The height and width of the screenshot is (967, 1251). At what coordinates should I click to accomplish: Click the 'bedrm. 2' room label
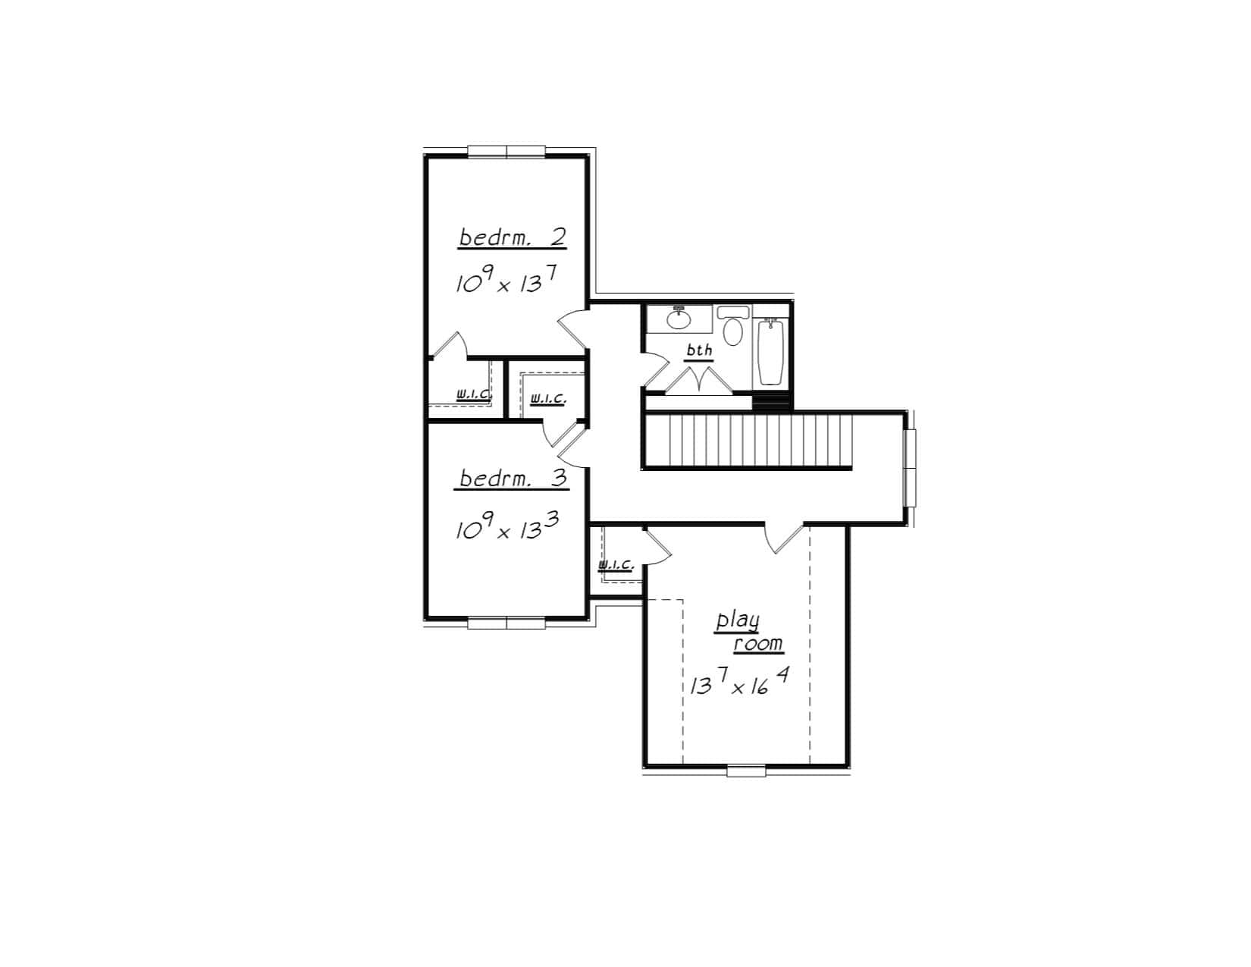click(513, 237)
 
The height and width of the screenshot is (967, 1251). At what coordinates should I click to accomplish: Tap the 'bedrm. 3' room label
click(513, 479)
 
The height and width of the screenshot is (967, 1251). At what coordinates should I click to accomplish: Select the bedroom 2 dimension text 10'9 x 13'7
click(507, 283)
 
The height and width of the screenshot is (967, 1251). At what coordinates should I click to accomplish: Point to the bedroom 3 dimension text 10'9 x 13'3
click(507, 526)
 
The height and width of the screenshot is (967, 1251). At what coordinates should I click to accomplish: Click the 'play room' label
click(748, 632)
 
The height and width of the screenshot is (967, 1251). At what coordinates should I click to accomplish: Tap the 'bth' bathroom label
click(699, 351)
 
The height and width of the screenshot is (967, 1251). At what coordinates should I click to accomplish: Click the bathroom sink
click(679, 319)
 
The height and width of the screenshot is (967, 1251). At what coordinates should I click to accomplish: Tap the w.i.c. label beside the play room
click(616, 564)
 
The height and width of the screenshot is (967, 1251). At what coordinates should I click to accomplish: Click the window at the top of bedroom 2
click(506, 152)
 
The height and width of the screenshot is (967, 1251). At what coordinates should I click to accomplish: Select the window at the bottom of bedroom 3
click(506, 623)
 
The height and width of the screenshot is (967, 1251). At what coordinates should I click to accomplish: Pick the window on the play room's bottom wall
click(747, 771)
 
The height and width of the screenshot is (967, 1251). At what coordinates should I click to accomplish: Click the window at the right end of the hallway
click(910, 466)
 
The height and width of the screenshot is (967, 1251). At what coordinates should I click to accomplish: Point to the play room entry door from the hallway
click(784, 537)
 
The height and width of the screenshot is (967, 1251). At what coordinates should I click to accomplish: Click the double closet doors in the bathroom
click(698, 381)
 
